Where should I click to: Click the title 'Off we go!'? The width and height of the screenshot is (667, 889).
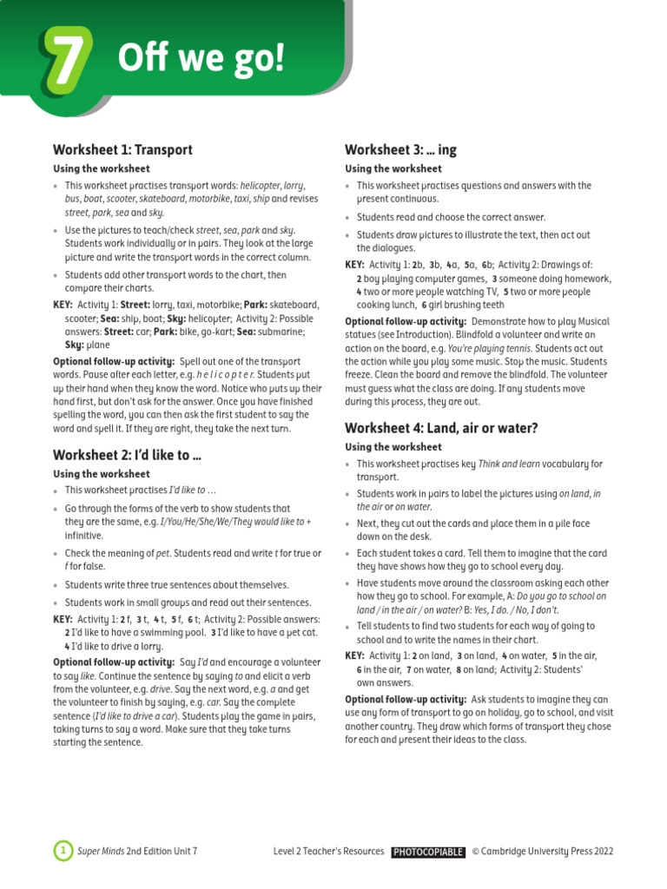coord(201,59)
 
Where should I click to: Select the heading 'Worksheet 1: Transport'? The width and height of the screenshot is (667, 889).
coord(122,149)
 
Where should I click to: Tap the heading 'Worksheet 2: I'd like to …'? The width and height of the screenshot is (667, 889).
coord(127,454)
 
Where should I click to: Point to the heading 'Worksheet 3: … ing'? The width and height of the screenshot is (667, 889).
coord(400,149)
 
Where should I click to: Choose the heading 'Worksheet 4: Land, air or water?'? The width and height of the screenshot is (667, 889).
coord(441,427)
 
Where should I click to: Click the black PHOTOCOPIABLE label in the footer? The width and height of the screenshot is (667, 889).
coord(427,852)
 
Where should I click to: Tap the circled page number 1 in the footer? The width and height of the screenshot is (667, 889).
coord(63,852)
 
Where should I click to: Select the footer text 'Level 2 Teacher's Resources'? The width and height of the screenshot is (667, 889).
coord(328,852)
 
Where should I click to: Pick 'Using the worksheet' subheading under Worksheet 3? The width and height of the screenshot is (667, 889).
coord(393,168)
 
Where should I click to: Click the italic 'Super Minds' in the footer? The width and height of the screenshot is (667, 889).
coord(101,852)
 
